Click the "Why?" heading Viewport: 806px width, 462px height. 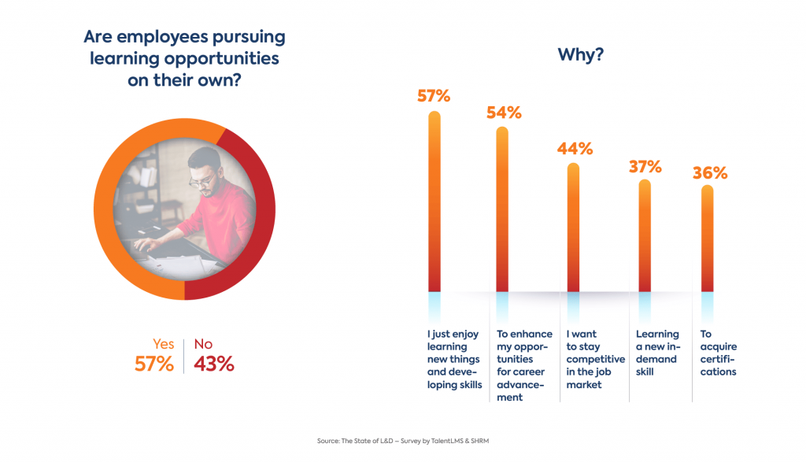[x=580, y=55]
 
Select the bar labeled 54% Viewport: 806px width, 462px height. [x=502, y=209]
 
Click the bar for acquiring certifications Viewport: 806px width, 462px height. [x=707, y=238]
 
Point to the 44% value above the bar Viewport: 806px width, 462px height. [x=575, y=148]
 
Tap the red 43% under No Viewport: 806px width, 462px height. [x=213, y=364]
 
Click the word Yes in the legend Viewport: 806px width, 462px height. [x=163, y=344]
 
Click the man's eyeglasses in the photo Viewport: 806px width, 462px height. [x=202, y=180]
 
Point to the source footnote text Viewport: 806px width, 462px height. [x=402, y=442]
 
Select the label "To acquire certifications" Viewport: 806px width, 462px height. [x=718, y=353]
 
